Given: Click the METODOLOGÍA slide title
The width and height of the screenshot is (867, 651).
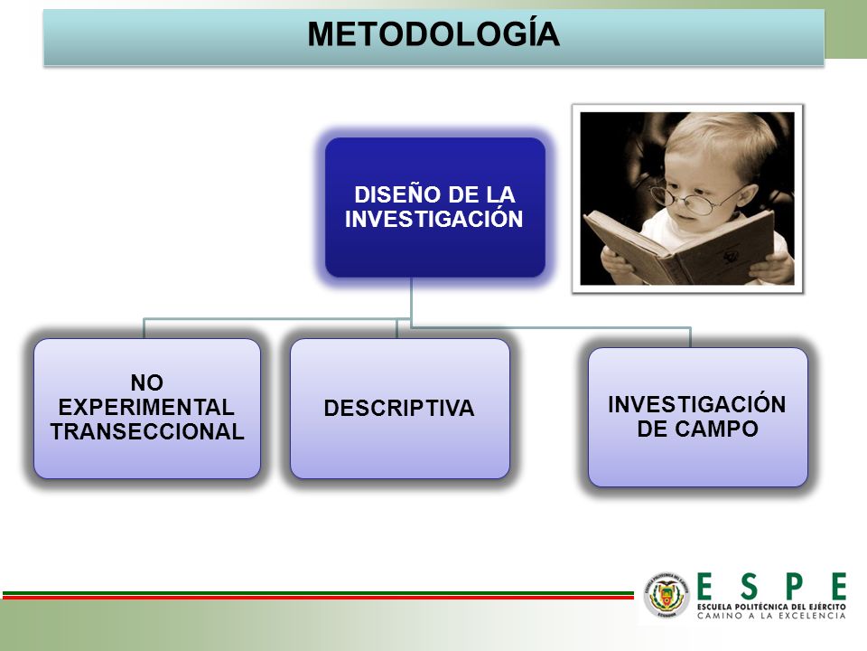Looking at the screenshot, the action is coord(433,34).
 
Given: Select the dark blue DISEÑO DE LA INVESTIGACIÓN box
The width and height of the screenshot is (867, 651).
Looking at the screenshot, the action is coord(435,208).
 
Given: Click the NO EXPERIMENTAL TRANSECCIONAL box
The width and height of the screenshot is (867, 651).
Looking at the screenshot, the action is coord(147,409).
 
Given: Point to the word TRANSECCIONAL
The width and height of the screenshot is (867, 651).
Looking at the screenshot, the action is coord(147,432).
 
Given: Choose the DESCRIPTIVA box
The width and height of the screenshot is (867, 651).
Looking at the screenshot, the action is coord(400,409).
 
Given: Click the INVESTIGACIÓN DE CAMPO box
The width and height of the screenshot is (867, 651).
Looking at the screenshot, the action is coord(698,418).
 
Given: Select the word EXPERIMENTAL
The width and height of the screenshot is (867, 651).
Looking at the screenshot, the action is coord(146,408).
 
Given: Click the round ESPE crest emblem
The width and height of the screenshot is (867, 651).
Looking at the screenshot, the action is coord(667,596).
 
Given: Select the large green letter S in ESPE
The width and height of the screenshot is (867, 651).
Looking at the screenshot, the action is coord(749,587).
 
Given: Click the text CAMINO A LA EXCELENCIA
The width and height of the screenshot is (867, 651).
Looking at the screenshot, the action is coord(771,616).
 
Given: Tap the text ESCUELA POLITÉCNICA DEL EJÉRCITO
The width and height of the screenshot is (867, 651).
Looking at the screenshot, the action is coord(771,607).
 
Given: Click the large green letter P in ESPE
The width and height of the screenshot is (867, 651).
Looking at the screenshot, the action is coord(794,587).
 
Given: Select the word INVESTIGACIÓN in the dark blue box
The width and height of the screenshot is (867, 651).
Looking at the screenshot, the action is coord(434,219).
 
